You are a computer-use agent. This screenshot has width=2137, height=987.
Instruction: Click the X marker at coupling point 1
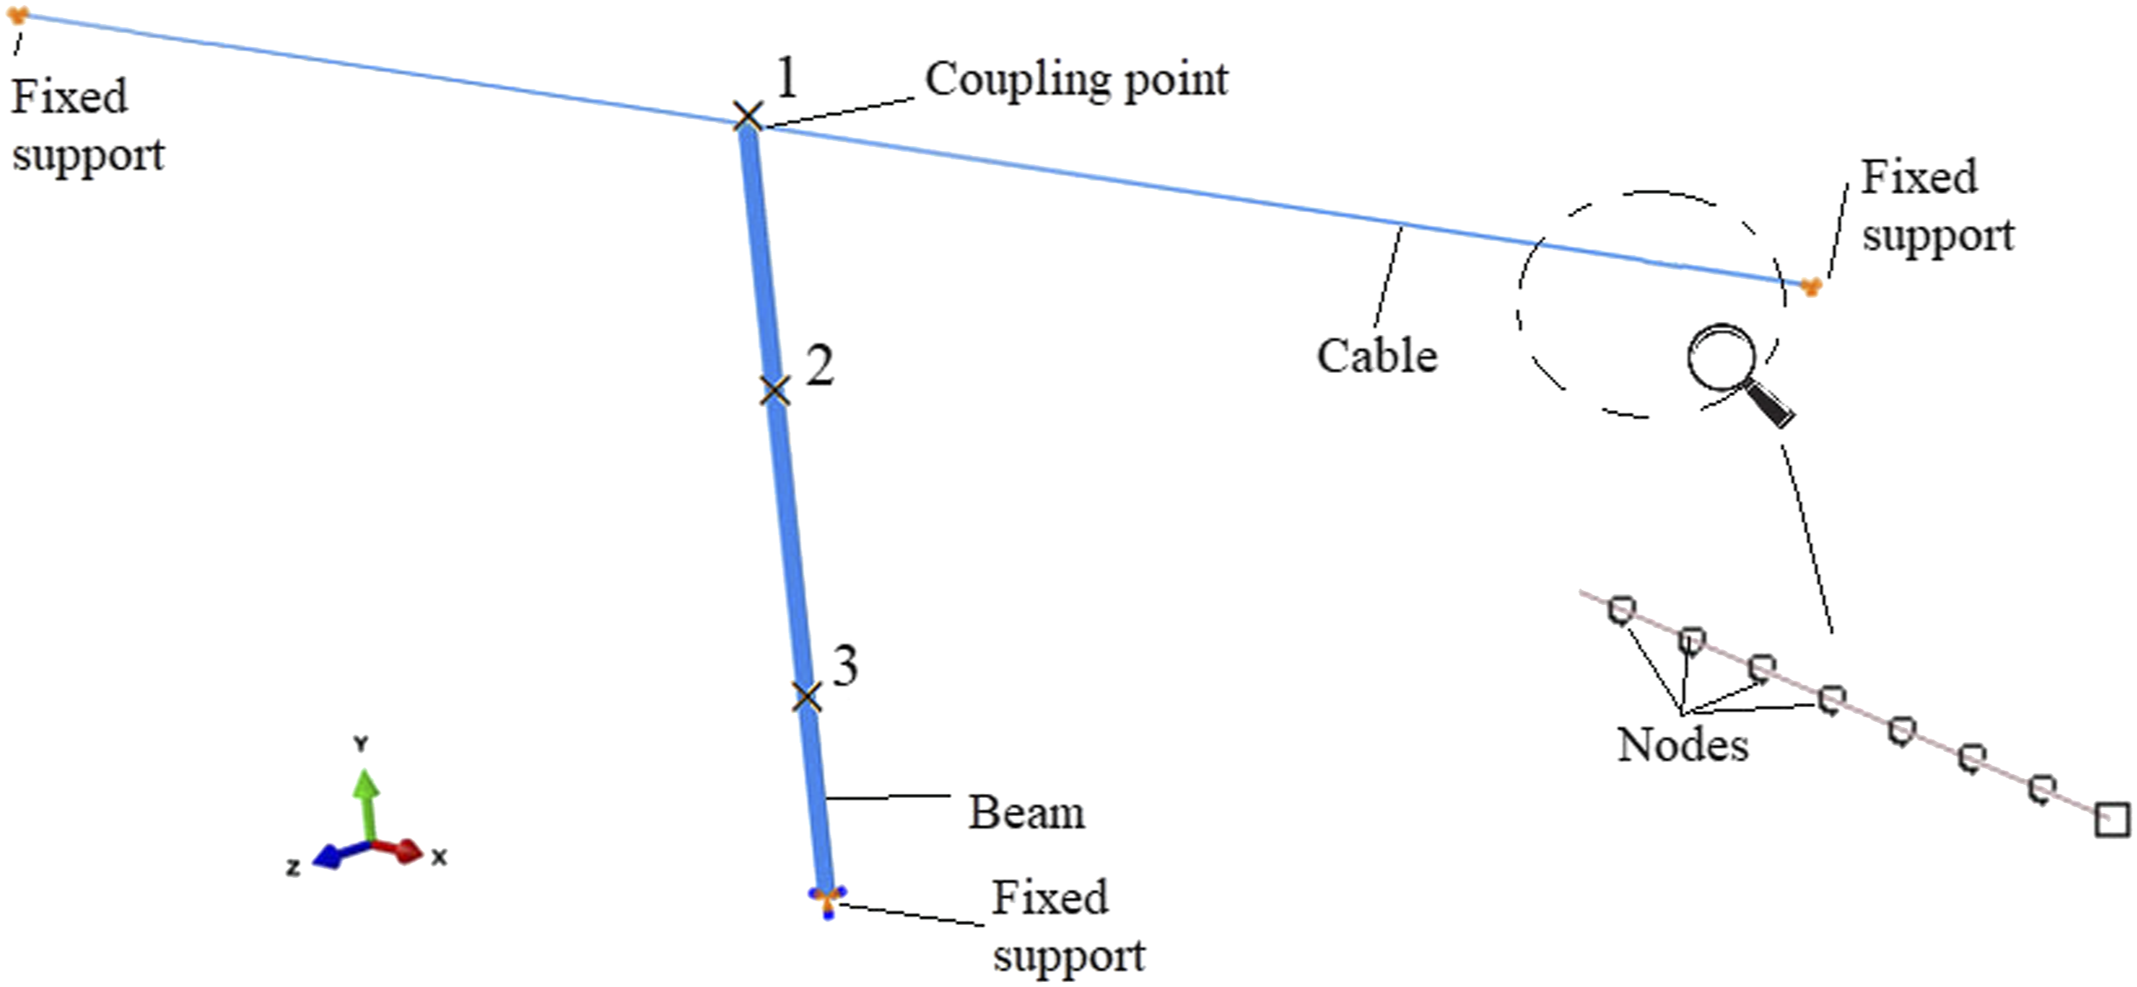(748, 117)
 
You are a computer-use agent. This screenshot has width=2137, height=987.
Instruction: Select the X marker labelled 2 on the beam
(775, 390)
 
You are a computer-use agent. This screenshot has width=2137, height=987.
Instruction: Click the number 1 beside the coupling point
(786, 78)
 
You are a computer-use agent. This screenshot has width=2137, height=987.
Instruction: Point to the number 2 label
(820, 365)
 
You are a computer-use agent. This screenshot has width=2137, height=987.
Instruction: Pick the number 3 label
(845, 665)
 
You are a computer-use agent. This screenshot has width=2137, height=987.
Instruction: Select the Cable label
(1377, 356)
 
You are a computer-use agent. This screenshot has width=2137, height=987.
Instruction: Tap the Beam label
(1026, 812)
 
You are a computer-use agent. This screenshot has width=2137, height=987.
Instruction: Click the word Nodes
(1682, 744)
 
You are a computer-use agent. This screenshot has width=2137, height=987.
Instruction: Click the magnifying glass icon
(1740, 373)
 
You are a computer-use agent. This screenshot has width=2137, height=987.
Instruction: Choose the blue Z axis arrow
(340, 855)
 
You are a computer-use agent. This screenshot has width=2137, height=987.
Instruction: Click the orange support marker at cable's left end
(18, 14)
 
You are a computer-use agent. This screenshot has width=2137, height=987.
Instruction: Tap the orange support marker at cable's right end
(1810, 287)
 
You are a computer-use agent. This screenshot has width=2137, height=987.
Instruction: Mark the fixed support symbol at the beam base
(827, 899)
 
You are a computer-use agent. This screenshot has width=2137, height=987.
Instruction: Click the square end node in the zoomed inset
(2112, 819)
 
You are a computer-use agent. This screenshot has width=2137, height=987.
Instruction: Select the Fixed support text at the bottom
(1068, 927)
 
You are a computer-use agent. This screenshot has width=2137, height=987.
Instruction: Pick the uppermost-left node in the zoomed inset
(1621, 612)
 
